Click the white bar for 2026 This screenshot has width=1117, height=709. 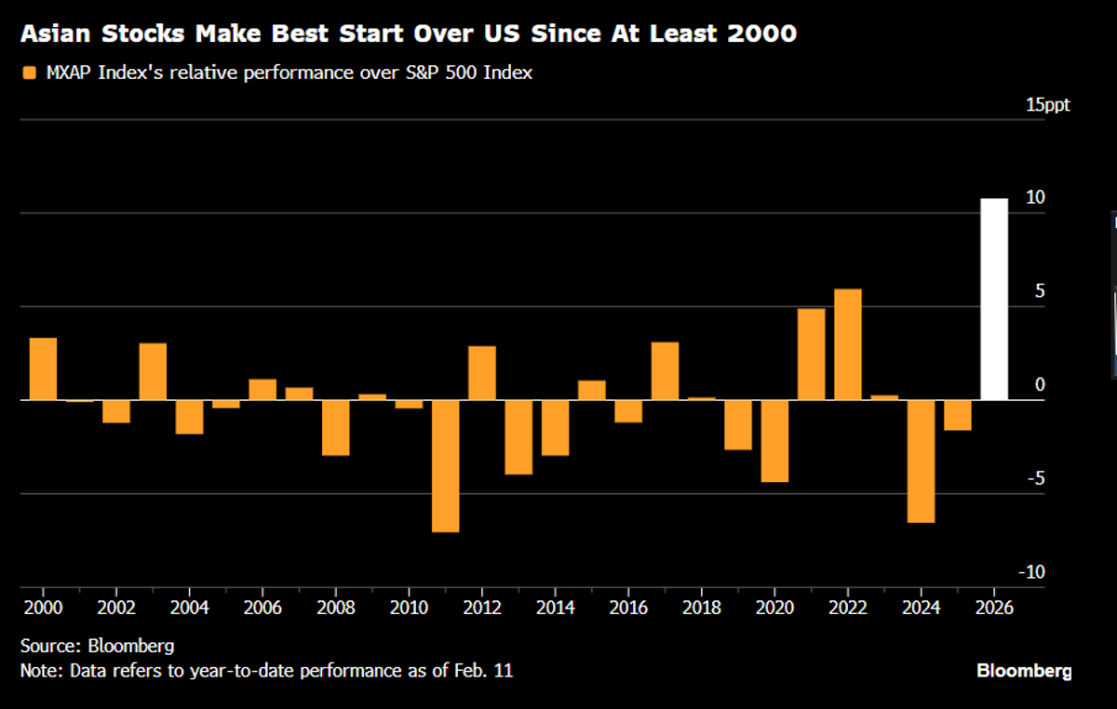pyautogui.click(x=994, y=299)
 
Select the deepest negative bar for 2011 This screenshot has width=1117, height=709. pyautogui.click(x=445, y=465)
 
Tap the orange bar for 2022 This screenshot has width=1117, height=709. pyautogui.click(x=847, y=344)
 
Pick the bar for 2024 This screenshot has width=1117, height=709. pyautogui.click(x=921, y=461)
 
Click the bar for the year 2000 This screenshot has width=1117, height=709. pyautogui.click(x=43, y=368)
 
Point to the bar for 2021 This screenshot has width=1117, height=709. pyautogui.click(x=811, y=354)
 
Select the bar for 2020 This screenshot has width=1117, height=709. pyautogui.click(x=774, y=440)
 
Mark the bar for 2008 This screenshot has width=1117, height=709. pyautogui.click(x=335, y=427)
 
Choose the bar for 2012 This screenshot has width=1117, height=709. pyautogui.click(x=481, y=372)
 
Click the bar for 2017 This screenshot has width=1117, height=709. pyautogui.click(x=665, y=370)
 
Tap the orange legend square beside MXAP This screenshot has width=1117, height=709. pyautogui.click(x=30, y=73)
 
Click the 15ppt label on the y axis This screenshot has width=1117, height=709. pyautogui.click(x=1048, y=104)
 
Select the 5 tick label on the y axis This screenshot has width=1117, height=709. pyautogui.click(x=1039, y=291)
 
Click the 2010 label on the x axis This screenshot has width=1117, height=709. pyautogui.click(x=408, y=607)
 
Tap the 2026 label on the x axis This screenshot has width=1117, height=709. pyautogui.click(x=994, y=607)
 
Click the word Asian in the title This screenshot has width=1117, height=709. pyautogui.click(x=51, y=35)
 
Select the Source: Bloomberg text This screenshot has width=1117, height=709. pyautogui.click(x=97, y=645)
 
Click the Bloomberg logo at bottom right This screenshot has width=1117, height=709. pyautogui.click(x=1024, y=670)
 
